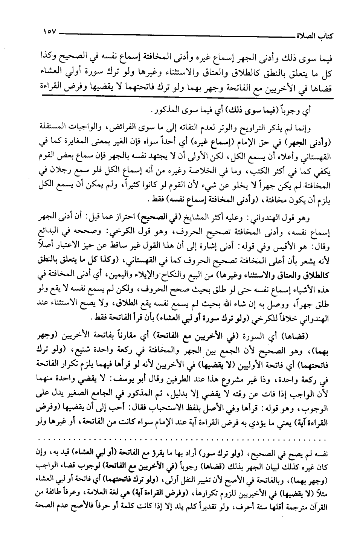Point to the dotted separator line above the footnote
click(x=181, y=439)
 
